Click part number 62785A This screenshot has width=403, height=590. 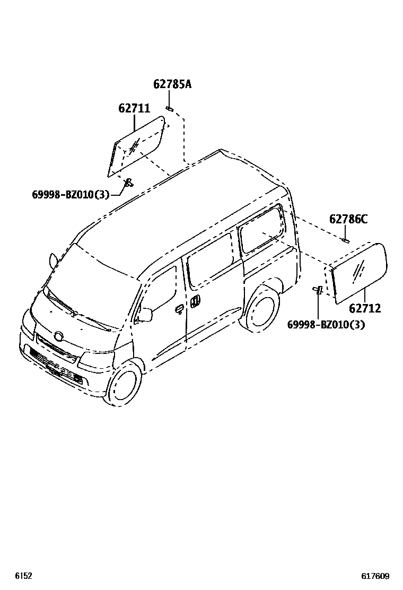click(x=172, y=84)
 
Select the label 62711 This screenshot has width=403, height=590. click(x=134, y=109)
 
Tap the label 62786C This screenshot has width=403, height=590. click(x=348, y=219)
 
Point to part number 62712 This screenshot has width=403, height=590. click(x=365, y=308)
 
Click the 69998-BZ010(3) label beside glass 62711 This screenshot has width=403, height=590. click(x=71, y=195)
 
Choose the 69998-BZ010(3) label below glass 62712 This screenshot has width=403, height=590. click(x=326, y=324)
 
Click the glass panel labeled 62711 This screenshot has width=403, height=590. click(x=137, y=148)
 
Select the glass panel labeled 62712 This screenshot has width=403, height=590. click(x=359, y=272)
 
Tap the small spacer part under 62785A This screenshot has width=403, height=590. click(x=170, y=109)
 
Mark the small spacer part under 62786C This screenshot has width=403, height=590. click(x=345, y=241)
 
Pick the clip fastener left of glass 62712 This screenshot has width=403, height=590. click(x=319, y=290)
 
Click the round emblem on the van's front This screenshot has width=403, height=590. click(x=58, y=336)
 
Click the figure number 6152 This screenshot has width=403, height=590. click(x=23, y=576)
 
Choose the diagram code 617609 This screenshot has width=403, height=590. click(x=376, y=576)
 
